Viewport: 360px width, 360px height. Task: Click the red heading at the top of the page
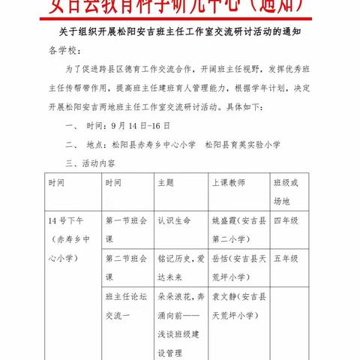pos(180,7)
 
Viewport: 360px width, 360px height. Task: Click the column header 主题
pos(166,182)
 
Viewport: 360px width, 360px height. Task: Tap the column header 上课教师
pos(229,182)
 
